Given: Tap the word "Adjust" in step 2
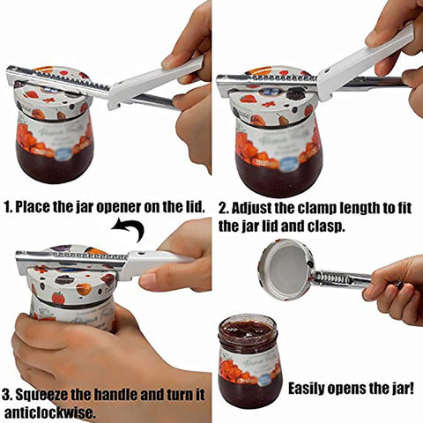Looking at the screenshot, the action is [251, 208].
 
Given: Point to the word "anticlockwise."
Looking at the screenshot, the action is [50, 412].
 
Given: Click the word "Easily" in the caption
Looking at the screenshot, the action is [306, 389].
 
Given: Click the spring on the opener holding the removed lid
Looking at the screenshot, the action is [326, 278].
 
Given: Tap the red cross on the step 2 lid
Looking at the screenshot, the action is [268, 104].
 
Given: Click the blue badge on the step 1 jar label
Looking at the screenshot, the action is [63, 153].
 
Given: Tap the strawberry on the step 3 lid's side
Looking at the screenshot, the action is [58, 298].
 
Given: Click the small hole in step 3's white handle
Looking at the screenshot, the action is [143, 253].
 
